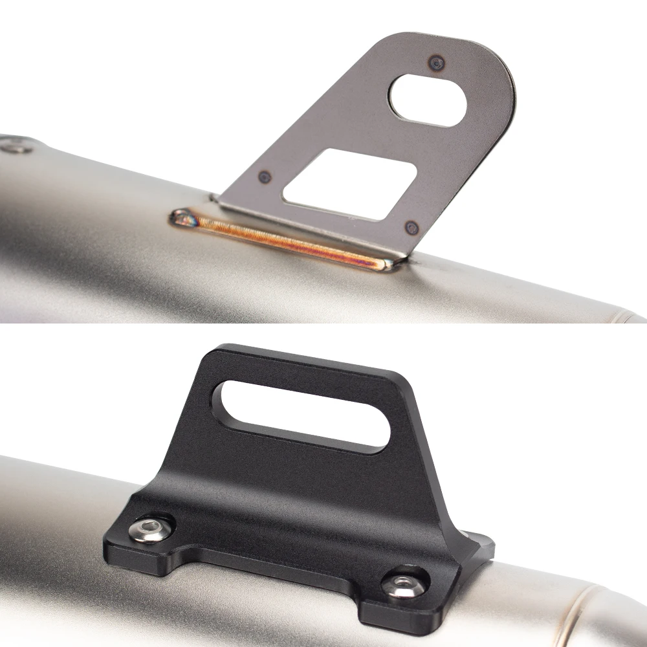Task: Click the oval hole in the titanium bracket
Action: (x=428, y=100)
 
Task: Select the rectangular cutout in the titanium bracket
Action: (x=350, y=184)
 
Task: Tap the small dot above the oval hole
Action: (x=437, y=63)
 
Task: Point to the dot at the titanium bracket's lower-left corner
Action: (x=263, y=176)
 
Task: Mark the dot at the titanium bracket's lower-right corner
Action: (x=411, y=227)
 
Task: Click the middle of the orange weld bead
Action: (x=285, y=241)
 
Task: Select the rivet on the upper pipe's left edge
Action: (x=14, y=148)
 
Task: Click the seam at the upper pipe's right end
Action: (x=624, y=316)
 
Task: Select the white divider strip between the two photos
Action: (x=323, y=326)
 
